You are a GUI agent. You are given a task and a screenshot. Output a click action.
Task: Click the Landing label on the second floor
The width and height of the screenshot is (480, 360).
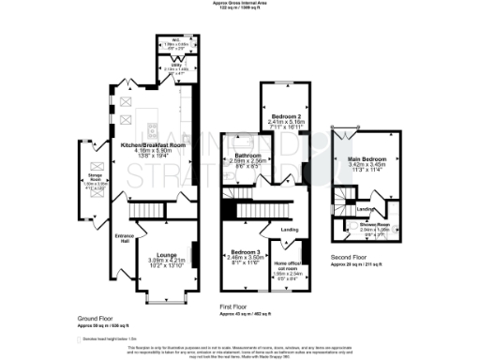(x=365, y=210)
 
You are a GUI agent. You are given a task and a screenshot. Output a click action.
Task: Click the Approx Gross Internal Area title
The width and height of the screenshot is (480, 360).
(x=239, y=4)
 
